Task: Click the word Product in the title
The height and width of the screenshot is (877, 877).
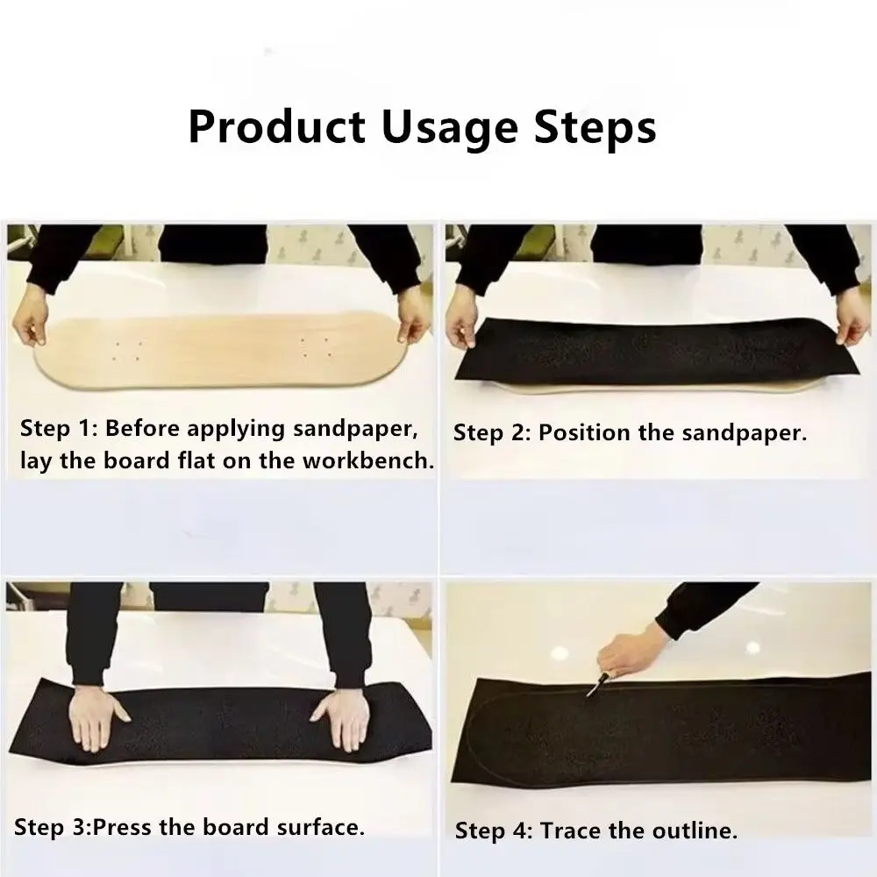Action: [277, 127]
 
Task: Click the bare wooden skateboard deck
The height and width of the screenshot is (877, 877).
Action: [218, 350]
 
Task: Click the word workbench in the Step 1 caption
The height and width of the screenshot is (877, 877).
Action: [368, 460]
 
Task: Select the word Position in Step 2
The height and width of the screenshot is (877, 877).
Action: [584, 433]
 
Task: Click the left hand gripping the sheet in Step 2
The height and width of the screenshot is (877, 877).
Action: [462, 324]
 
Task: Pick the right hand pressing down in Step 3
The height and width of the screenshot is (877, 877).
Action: [340, 718]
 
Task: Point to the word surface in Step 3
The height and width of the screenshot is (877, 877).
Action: [320, 827]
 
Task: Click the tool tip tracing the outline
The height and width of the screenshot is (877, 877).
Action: [589, 695]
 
